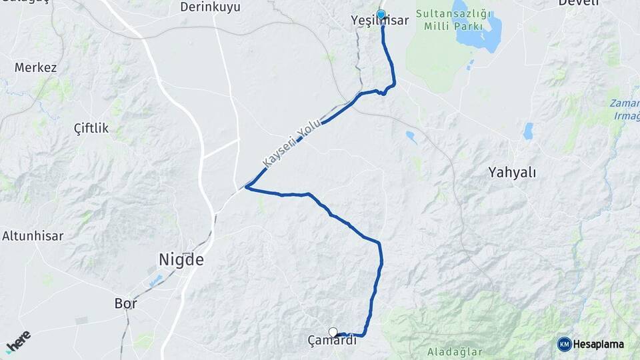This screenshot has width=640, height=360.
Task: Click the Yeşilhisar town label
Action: pos(379,21)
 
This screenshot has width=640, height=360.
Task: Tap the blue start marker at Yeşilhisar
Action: pos(381,14)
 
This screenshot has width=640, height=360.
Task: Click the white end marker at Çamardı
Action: pos(333,332)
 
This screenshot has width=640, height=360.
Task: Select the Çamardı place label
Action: pos(332,341)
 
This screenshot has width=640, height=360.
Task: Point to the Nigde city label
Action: pos(181,259)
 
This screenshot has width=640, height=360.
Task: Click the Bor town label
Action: pos(125,303)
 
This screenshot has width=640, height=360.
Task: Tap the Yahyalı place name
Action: pos(512,173)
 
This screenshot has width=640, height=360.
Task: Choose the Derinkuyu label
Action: pos(210,7)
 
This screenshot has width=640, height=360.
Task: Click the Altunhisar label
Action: pos(33,235)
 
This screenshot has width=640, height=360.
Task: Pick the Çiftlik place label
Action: pos(91,128)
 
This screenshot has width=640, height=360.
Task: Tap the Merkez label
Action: pos(35,68)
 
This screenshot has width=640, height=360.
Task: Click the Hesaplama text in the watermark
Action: pos(600,344)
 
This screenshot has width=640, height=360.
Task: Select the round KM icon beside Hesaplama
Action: pos(565,344)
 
